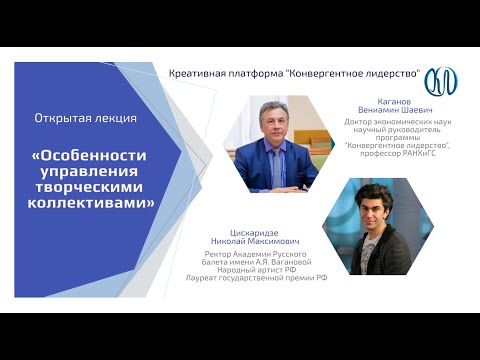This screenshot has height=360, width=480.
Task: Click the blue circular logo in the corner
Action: pos(440,80)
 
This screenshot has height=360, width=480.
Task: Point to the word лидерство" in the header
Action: pos(388,74)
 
